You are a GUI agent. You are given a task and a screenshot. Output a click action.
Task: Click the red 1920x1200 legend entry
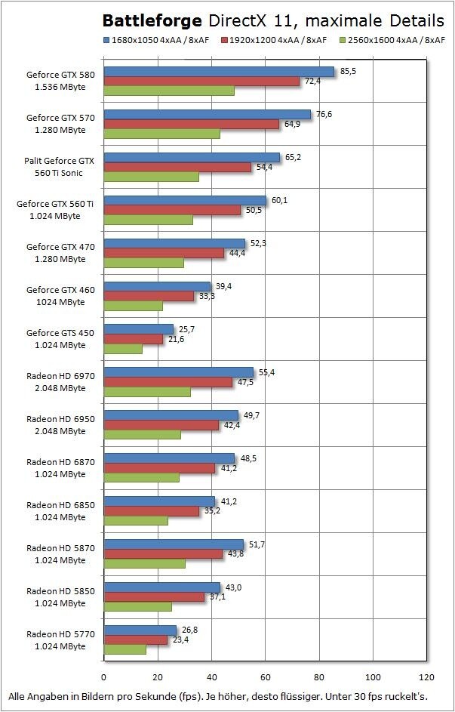(275, 39)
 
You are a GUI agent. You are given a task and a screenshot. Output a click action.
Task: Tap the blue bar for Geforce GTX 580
(218, 72)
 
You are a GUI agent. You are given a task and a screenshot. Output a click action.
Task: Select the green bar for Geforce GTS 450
(122, 349)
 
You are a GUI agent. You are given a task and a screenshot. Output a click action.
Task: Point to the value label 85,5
(349, 71)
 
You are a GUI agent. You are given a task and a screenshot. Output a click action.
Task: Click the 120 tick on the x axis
(427, 677)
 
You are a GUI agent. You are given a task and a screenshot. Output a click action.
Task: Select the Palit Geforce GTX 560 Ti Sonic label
(60, 167)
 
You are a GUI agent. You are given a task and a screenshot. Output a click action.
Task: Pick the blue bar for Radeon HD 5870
(173, 544)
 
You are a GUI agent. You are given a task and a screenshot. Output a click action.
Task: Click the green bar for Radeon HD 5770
(125, 649)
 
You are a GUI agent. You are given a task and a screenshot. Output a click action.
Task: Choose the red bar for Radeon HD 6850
(151, 511)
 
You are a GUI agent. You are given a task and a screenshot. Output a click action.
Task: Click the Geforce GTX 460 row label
(60, 296)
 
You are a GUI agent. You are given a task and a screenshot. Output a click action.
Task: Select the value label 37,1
(218, 597)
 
